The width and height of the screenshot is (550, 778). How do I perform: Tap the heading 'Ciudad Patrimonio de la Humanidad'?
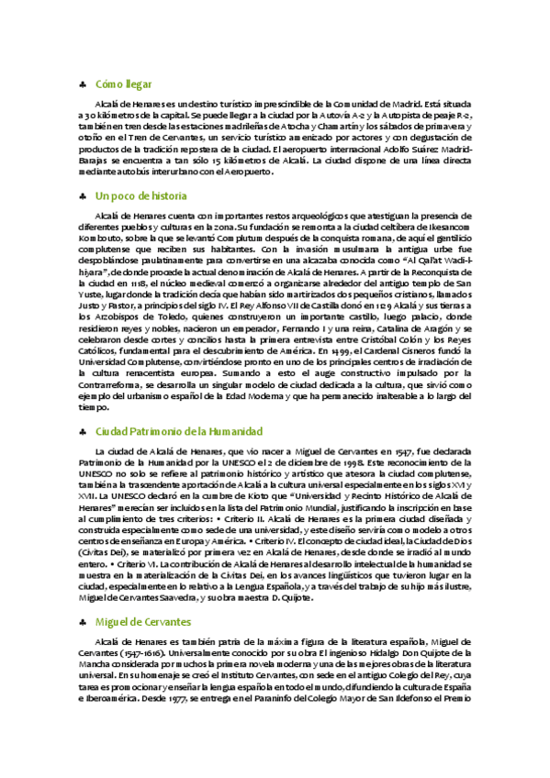pos(179,431)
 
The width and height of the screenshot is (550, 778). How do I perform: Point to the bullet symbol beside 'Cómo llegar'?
pos(83,84)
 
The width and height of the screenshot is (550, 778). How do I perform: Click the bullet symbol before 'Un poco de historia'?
pos(83,197)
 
